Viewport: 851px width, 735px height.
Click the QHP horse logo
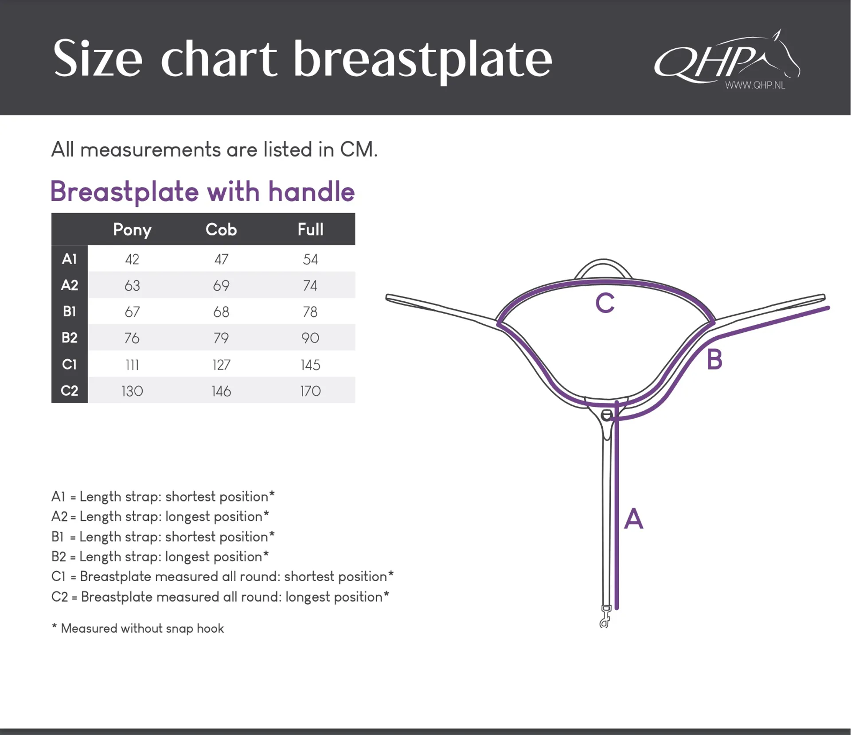[727, 58]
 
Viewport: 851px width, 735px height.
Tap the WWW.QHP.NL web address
[755, 85]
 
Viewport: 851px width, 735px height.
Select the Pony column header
[132, 230]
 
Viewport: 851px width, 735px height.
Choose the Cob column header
[221, 229]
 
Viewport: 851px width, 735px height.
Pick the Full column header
[310, 229]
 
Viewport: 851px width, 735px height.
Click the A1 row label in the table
[70, 259]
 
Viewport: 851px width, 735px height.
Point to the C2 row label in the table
[70, 391]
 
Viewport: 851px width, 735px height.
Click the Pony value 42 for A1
[132, 259]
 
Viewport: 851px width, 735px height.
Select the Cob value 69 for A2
[221, 285]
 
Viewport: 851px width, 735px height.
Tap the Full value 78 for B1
[310, 312]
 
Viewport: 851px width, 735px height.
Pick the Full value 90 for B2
[310, 338]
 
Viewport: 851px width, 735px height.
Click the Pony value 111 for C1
[132, 365]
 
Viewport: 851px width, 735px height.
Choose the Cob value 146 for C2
[221, 391]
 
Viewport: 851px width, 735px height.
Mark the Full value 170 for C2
[310, 391]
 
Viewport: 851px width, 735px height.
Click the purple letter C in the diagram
[605, 303]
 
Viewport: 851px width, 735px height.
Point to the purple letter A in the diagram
[633, 518]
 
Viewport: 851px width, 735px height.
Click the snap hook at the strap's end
[605, 617]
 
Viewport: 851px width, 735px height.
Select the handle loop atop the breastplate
[603, 261]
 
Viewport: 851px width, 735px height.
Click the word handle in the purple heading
[311, 191]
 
